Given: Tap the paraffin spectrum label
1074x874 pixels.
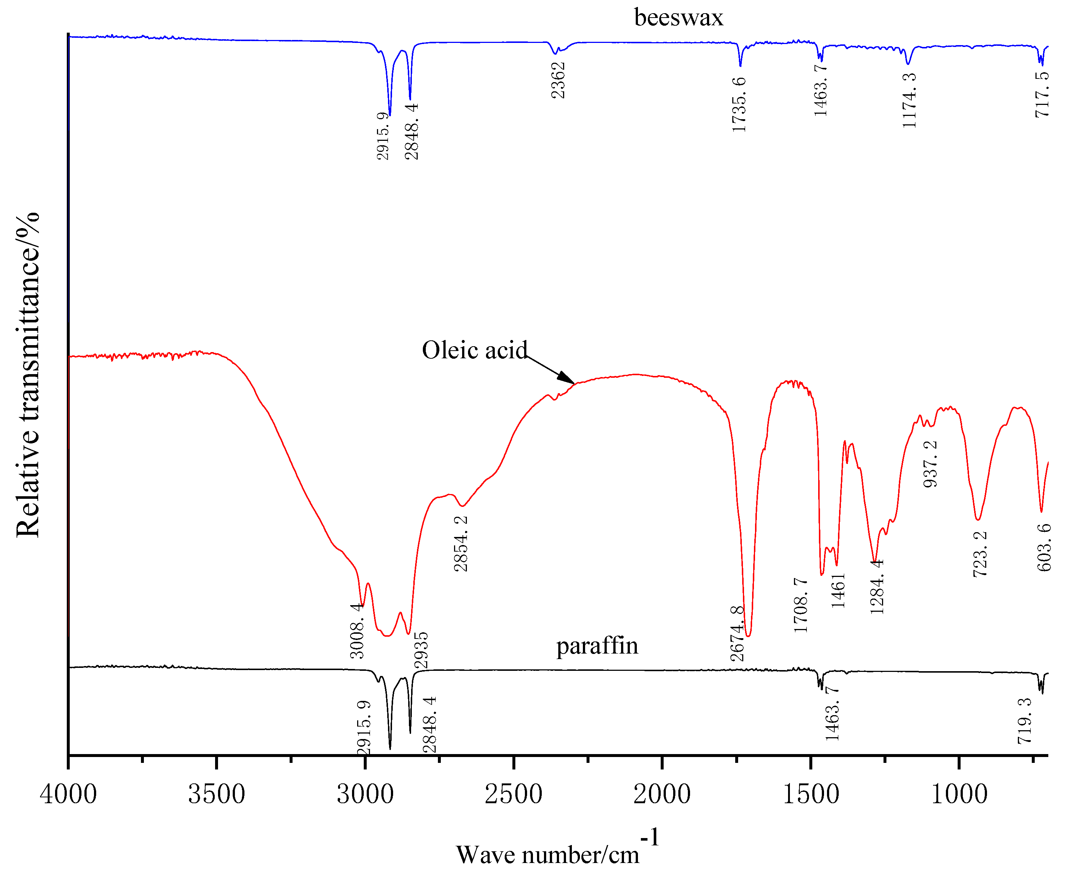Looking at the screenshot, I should pos(596,646).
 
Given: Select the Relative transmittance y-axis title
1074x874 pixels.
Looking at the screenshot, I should pos(28,375).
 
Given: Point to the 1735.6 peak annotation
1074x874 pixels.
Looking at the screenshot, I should pos(739,105).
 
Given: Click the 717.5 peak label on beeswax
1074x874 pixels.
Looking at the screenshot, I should pos(1042,94).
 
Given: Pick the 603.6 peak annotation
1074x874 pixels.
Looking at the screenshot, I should pos(1044,547).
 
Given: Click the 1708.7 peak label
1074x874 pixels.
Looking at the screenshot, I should pos(801,605).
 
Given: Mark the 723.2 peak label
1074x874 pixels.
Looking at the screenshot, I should pos(979,554).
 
